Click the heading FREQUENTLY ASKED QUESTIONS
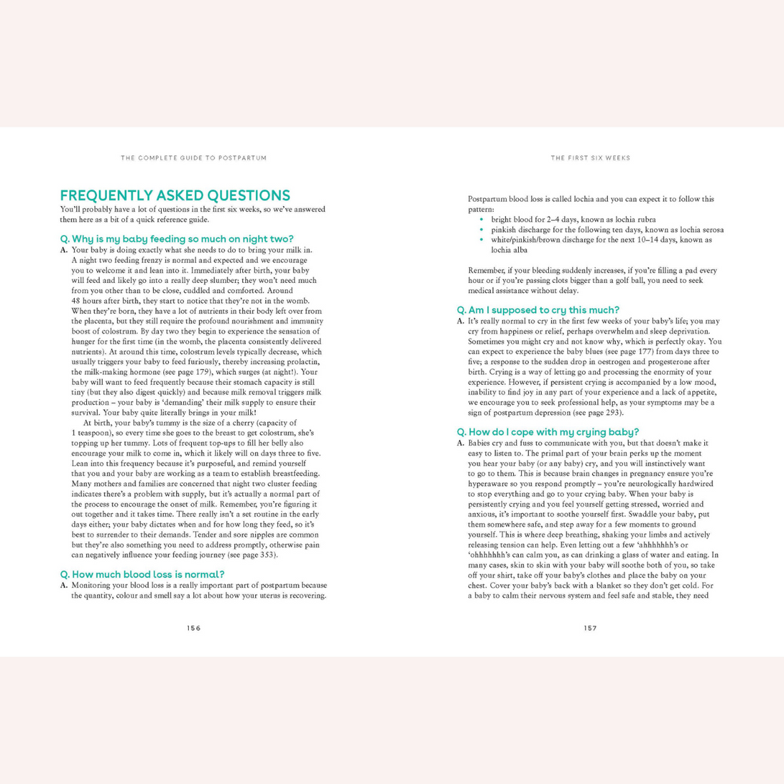click(175, 196)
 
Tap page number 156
click(194, 628)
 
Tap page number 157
click(590, 628)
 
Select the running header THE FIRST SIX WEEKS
click(590, 158)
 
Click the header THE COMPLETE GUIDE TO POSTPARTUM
click(194, 158)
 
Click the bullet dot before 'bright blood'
click(483, 220)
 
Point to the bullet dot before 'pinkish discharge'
click(483, 229)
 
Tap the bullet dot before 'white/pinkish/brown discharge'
click(483, 240)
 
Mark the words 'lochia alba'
click(510, 250)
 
